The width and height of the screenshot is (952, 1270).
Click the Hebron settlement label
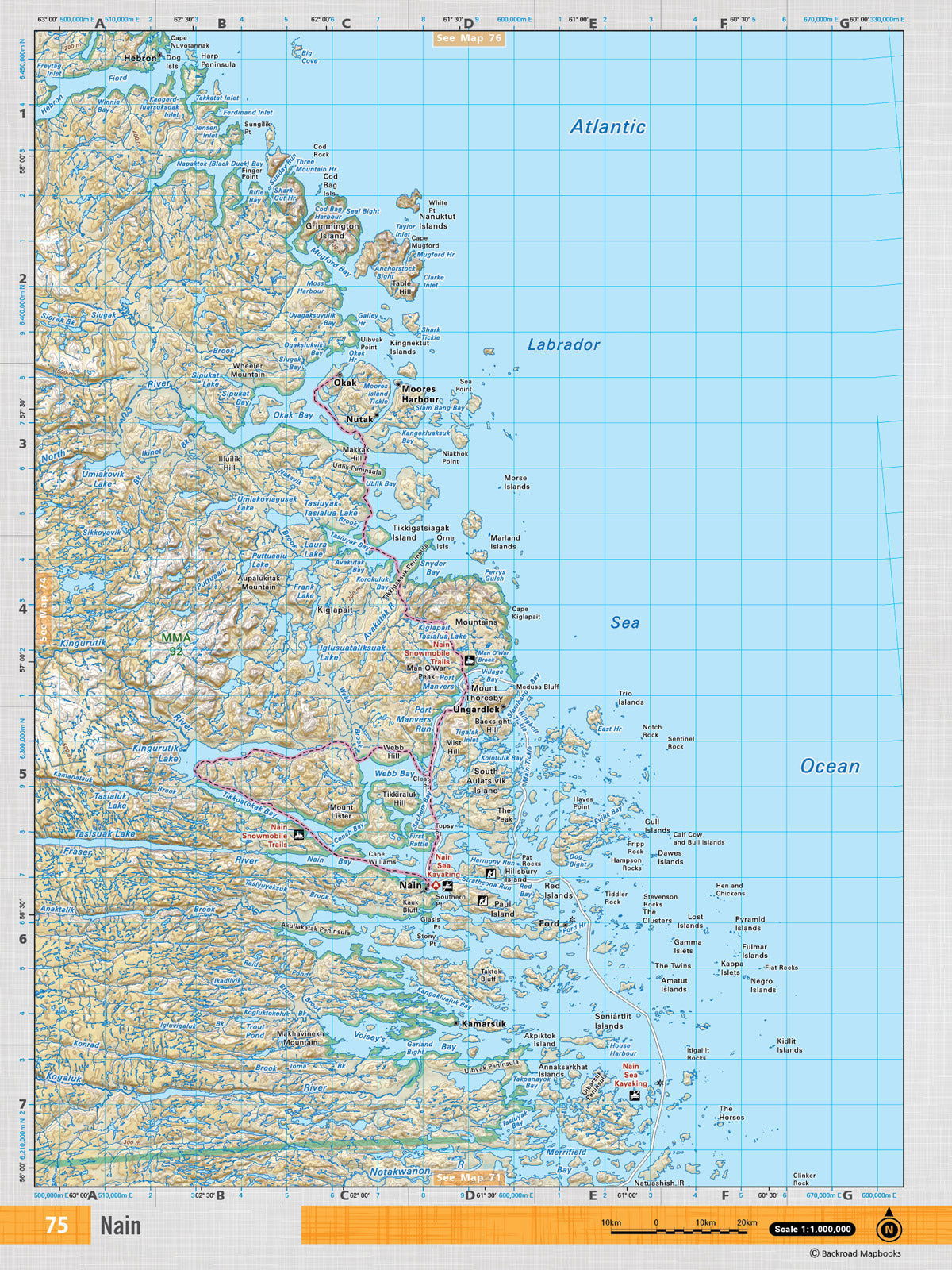[140, 58]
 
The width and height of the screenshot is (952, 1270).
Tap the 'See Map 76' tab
[468, 38]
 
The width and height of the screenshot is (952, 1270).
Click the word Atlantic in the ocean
[608, 126]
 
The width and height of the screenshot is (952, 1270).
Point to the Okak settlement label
[344, 383]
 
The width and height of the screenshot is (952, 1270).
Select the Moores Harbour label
[419, 394]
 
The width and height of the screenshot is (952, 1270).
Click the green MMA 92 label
[175, 644]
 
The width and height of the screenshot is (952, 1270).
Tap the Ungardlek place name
[476, 709]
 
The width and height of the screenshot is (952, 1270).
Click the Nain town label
[410, 885]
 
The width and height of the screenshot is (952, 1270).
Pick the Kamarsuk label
[483, 1024]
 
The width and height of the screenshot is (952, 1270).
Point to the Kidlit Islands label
[789, 1045]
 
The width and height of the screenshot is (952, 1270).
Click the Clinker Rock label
[804, 1179]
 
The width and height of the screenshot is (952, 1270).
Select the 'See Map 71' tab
[468, 1177]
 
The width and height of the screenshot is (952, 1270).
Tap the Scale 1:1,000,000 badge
[812, 1229]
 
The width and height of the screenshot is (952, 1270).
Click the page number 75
[56, 1225]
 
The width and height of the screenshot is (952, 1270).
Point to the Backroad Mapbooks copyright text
[855, 1253]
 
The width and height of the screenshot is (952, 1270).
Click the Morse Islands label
[516, 483]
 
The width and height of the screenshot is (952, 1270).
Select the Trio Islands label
[631, 698]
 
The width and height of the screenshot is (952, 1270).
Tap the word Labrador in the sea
[563, 344]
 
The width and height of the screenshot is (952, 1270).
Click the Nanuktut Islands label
[437, 221]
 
